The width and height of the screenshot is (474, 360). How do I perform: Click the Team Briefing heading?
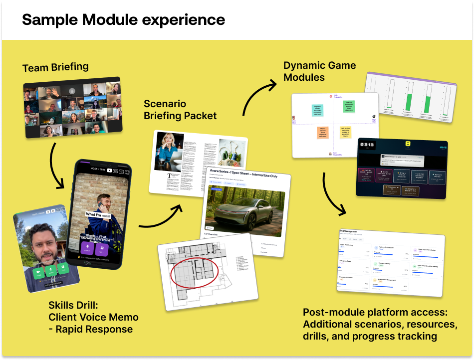(x=55, y=67)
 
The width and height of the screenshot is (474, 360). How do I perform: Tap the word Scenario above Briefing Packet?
(x=165, y=104)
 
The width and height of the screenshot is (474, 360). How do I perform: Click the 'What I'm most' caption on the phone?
(x=98, y=214)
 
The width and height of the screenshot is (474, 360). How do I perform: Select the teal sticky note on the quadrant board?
(x=317, y=109)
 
